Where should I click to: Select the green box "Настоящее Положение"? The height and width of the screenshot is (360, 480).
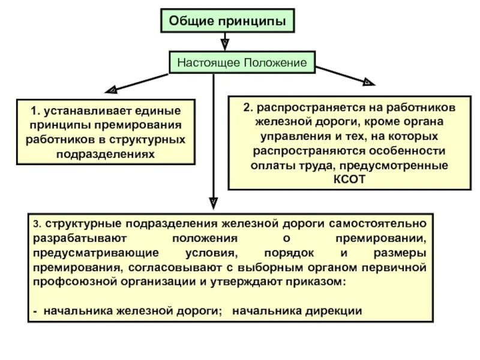242,62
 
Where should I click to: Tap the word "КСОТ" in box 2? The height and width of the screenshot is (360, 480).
345,179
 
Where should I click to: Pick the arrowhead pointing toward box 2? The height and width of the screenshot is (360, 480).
365,80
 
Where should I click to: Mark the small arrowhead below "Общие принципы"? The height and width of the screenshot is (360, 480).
224,44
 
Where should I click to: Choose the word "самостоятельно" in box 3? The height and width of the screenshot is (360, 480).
379,224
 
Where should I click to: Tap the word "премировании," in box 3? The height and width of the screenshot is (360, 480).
391,238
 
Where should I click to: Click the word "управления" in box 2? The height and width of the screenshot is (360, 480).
277,136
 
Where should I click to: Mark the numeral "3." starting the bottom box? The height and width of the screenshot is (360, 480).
37,224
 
